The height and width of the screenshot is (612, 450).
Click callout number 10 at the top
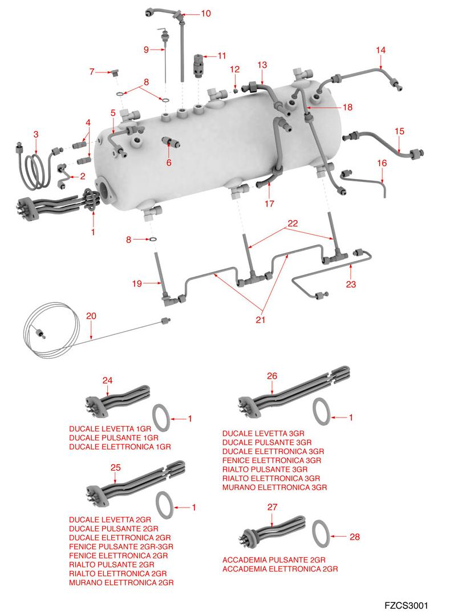[x=206, y=13]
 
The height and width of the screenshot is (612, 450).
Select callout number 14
[x=380, y=50]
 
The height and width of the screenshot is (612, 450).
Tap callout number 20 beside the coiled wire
[x=91, y=316]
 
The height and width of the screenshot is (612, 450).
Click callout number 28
[x=354, y=537]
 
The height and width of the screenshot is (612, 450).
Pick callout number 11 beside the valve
[x=221, y=56]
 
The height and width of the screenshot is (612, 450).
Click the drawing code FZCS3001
[x=406, y=606]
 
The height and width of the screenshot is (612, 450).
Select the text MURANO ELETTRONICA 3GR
[x=274, y=488]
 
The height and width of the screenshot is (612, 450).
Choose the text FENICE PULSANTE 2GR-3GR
[x=121, y=546]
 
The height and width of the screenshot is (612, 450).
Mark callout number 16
[x=382, y=163]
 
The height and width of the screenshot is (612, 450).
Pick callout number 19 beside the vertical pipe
[x=137, y=282]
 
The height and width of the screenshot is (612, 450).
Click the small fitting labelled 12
[x=235, y=90]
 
